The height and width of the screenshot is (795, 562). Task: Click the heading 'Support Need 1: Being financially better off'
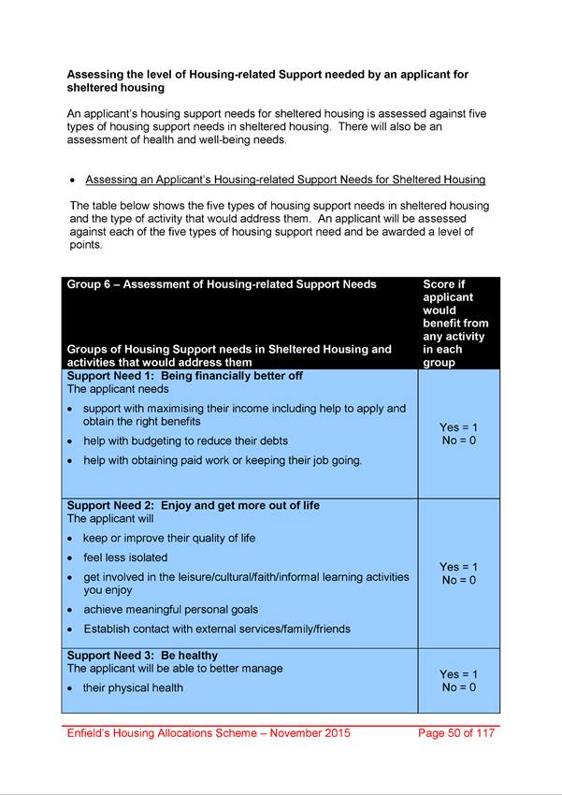[184, 376]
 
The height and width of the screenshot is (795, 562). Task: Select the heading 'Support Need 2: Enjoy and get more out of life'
[193, 505]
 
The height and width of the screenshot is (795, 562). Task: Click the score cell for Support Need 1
[458, 434]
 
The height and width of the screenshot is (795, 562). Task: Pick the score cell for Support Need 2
[458, 573]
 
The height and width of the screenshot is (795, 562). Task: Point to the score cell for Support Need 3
[458, 681]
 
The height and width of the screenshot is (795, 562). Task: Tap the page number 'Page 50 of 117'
[456, 733]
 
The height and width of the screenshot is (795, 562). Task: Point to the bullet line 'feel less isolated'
[125, 557]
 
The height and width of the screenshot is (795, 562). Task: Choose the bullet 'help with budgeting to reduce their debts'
[185, 441]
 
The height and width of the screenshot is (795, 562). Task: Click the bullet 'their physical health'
[133, 688]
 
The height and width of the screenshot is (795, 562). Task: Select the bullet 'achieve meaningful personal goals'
[170, 610]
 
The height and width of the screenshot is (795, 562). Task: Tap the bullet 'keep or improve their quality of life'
[168, 538]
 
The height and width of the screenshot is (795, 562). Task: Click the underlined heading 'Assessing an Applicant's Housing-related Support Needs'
[285, 180]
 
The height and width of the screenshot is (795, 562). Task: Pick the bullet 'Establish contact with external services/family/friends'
[217, 629]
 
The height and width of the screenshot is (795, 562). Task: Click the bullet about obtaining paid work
[222, 460]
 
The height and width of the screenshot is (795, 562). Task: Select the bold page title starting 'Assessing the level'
[267, 80]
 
